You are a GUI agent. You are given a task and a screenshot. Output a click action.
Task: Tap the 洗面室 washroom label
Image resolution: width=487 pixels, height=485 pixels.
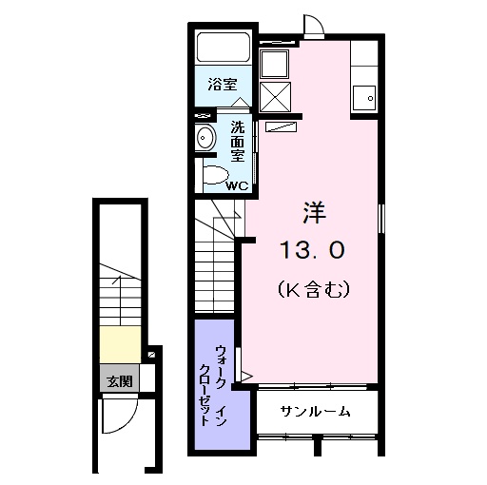coord(237,141)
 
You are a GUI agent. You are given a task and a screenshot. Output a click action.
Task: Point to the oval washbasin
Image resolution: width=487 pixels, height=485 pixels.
coord(205,139)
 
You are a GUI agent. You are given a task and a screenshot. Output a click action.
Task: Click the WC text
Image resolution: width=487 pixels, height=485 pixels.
coord(236,184)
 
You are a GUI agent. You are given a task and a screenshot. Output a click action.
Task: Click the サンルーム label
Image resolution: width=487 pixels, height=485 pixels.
coord(315,412)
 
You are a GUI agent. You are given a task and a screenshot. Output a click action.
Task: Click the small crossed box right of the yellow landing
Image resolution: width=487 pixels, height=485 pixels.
coord(151,356)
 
